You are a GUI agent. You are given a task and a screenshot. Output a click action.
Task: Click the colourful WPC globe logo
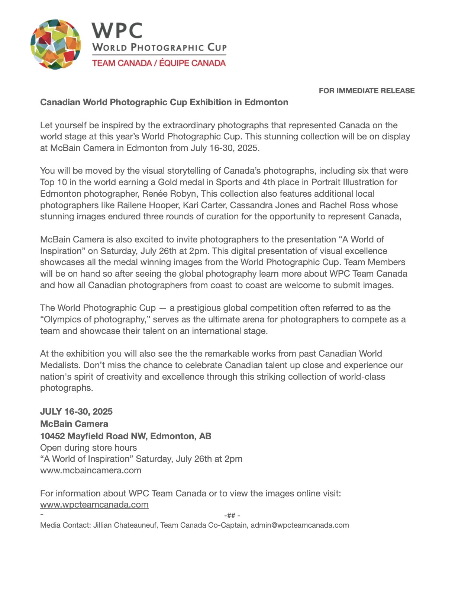pos(56,45)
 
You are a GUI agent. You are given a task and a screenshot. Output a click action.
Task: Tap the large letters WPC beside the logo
pos(117,30)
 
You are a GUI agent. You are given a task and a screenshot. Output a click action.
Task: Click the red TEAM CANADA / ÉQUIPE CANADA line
pos(159,63)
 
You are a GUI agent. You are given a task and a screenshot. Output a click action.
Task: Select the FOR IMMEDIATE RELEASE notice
pos(367,91)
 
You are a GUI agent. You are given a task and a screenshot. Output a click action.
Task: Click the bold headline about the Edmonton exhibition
pos(164,102)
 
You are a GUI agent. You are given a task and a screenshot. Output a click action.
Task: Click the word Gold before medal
pos(168,182)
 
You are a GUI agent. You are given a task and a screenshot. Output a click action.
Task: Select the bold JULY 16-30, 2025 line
pos(76,412)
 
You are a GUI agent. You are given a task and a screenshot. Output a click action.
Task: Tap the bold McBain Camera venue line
pos(74,424)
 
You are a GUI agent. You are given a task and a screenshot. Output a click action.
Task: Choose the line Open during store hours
pos(88,448)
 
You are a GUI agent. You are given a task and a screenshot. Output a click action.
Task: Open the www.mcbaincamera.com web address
pos(91,470)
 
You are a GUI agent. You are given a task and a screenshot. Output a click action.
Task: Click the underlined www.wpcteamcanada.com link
pos(94,505)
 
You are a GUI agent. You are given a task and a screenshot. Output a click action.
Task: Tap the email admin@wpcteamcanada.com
pos(300,525)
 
